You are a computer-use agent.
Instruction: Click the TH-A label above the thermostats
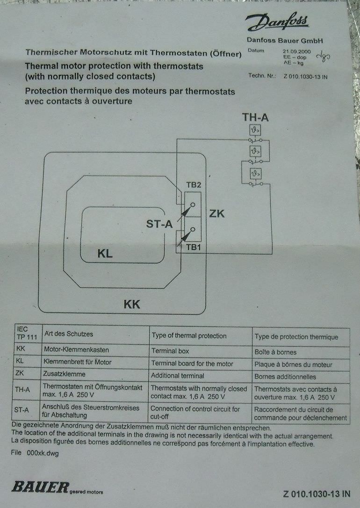(255, 117)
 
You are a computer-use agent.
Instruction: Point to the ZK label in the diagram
(217, 214)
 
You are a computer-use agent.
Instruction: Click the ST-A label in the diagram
(159, 225)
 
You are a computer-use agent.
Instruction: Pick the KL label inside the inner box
(105, 254)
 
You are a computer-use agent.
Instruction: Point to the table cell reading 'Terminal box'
(170, 351)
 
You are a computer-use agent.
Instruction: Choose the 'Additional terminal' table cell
(178, 375)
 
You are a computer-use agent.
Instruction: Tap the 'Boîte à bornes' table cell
(275, 352)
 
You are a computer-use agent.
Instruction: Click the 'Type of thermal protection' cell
(189, 335)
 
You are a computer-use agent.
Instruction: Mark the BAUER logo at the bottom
(40, 487)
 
